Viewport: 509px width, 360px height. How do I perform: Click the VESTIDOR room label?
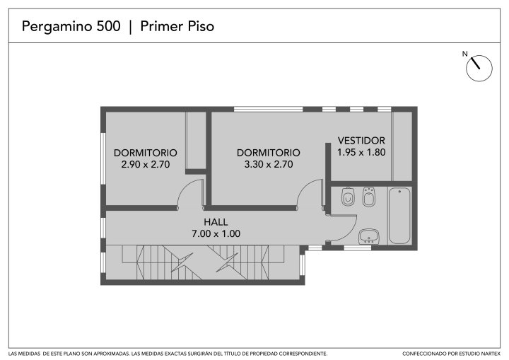click(361, 140)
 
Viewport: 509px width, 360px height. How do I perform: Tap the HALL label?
click(216, 222)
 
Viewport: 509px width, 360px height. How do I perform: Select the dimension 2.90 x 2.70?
click(146, 164)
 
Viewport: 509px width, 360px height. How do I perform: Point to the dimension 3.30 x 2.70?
click(269, 164)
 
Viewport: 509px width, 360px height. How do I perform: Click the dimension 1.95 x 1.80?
click(361, 152)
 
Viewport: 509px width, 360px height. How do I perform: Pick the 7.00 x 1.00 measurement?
click(216, 233)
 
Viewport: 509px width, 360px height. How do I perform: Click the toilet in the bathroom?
click(348, 196)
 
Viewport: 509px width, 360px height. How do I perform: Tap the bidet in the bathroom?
click(369, 197)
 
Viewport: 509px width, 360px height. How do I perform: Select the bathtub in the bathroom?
click(399, 216)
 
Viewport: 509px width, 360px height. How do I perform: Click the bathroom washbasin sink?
click(369, 236)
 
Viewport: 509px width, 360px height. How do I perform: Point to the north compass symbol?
click(479, 68)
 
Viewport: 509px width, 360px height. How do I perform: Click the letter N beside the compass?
click(465, 54)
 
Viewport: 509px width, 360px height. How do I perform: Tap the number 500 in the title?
click(108, 26)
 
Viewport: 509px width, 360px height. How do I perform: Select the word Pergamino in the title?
click(57, 27)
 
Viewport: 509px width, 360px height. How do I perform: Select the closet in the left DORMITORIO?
click(196, 140)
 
